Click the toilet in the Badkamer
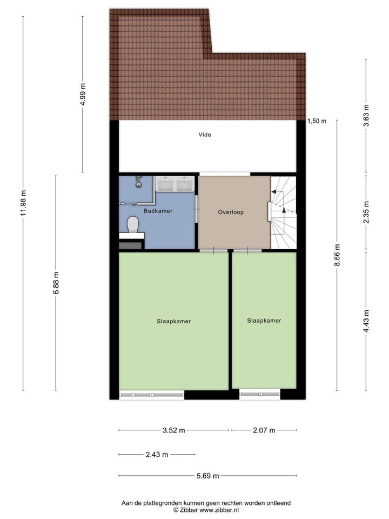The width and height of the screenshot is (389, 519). point(132,224)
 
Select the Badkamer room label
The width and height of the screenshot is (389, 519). point(158,211)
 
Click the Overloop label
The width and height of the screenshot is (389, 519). point(231,212)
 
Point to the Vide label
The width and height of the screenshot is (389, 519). point(205,135)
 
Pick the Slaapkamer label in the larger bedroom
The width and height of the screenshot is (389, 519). point(173,321)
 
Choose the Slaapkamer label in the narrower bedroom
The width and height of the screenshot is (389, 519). point(264,321)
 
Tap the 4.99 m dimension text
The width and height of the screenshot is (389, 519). point(83,95)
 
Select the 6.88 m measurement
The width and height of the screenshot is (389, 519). point(56,283)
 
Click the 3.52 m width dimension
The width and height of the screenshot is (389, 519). point(173,431)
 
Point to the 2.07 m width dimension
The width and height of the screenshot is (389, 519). point(264,431)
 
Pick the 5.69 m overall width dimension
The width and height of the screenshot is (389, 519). point(207,476)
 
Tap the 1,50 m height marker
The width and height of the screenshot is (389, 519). point(317,122)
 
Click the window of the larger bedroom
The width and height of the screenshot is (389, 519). point(151,395)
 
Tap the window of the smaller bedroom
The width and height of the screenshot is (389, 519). point(260,395)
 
